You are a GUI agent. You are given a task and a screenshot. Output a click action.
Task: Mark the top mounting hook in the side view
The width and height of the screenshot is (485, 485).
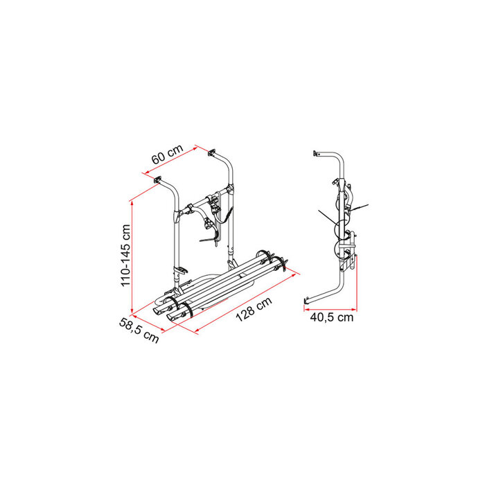coord(317,152)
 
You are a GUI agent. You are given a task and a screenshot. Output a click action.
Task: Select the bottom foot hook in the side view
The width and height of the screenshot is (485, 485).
coord(308,301)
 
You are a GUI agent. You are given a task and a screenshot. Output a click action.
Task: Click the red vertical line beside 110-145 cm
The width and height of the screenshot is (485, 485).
coord(132,256)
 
